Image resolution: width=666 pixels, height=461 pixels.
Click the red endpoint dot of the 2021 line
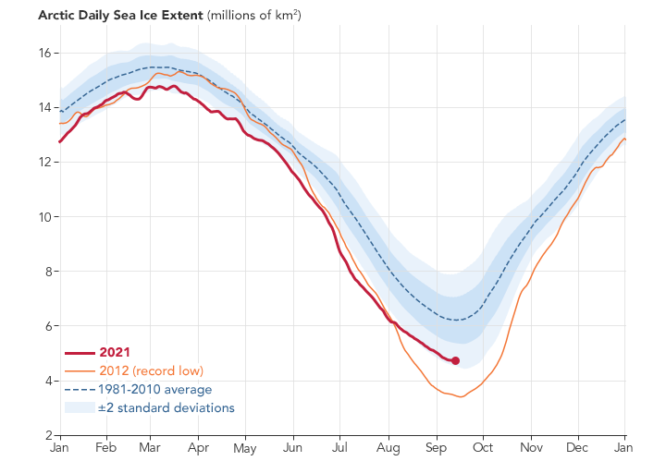pos(455,360)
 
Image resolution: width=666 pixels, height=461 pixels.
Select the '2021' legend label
pos(116,352)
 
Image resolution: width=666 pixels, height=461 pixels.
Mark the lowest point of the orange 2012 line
pos(459,396)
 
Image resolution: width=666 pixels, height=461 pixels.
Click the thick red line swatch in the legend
pos(80,352)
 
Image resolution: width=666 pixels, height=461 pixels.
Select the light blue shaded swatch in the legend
pos(80,407)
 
